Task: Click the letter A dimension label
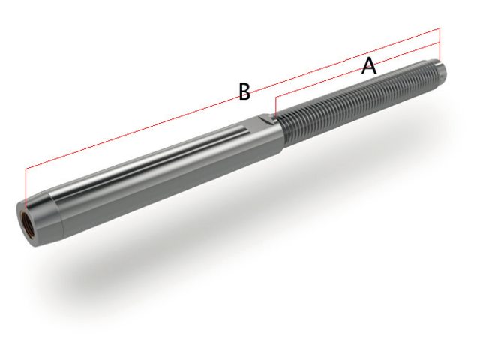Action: (x=368, y=66)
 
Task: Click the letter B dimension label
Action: (x=244, y=91)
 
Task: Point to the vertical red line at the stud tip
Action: (x=441, y=45)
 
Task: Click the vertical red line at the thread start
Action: (x=275, y=106)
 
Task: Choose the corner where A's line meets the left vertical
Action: (x=275, y=96)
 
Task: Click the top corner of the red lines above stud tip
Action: (x=440, y=28)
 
